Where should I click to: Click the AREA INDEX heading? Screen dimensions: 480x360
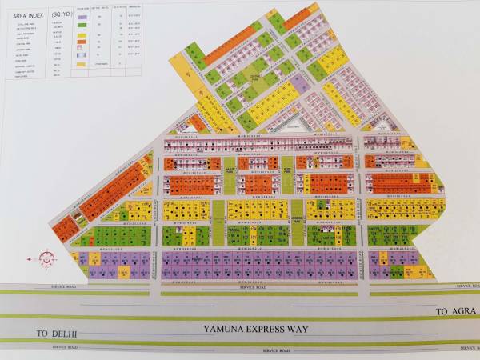click(x=25, y=14)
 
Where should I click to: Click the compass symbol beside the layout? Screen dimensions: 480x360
click(x=46, y=260)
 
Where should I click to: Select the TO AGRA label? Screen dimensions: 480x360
click(x=451, y=310)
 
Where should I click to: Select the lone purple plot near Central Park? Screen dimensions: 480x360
click(x=299, y=82)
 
